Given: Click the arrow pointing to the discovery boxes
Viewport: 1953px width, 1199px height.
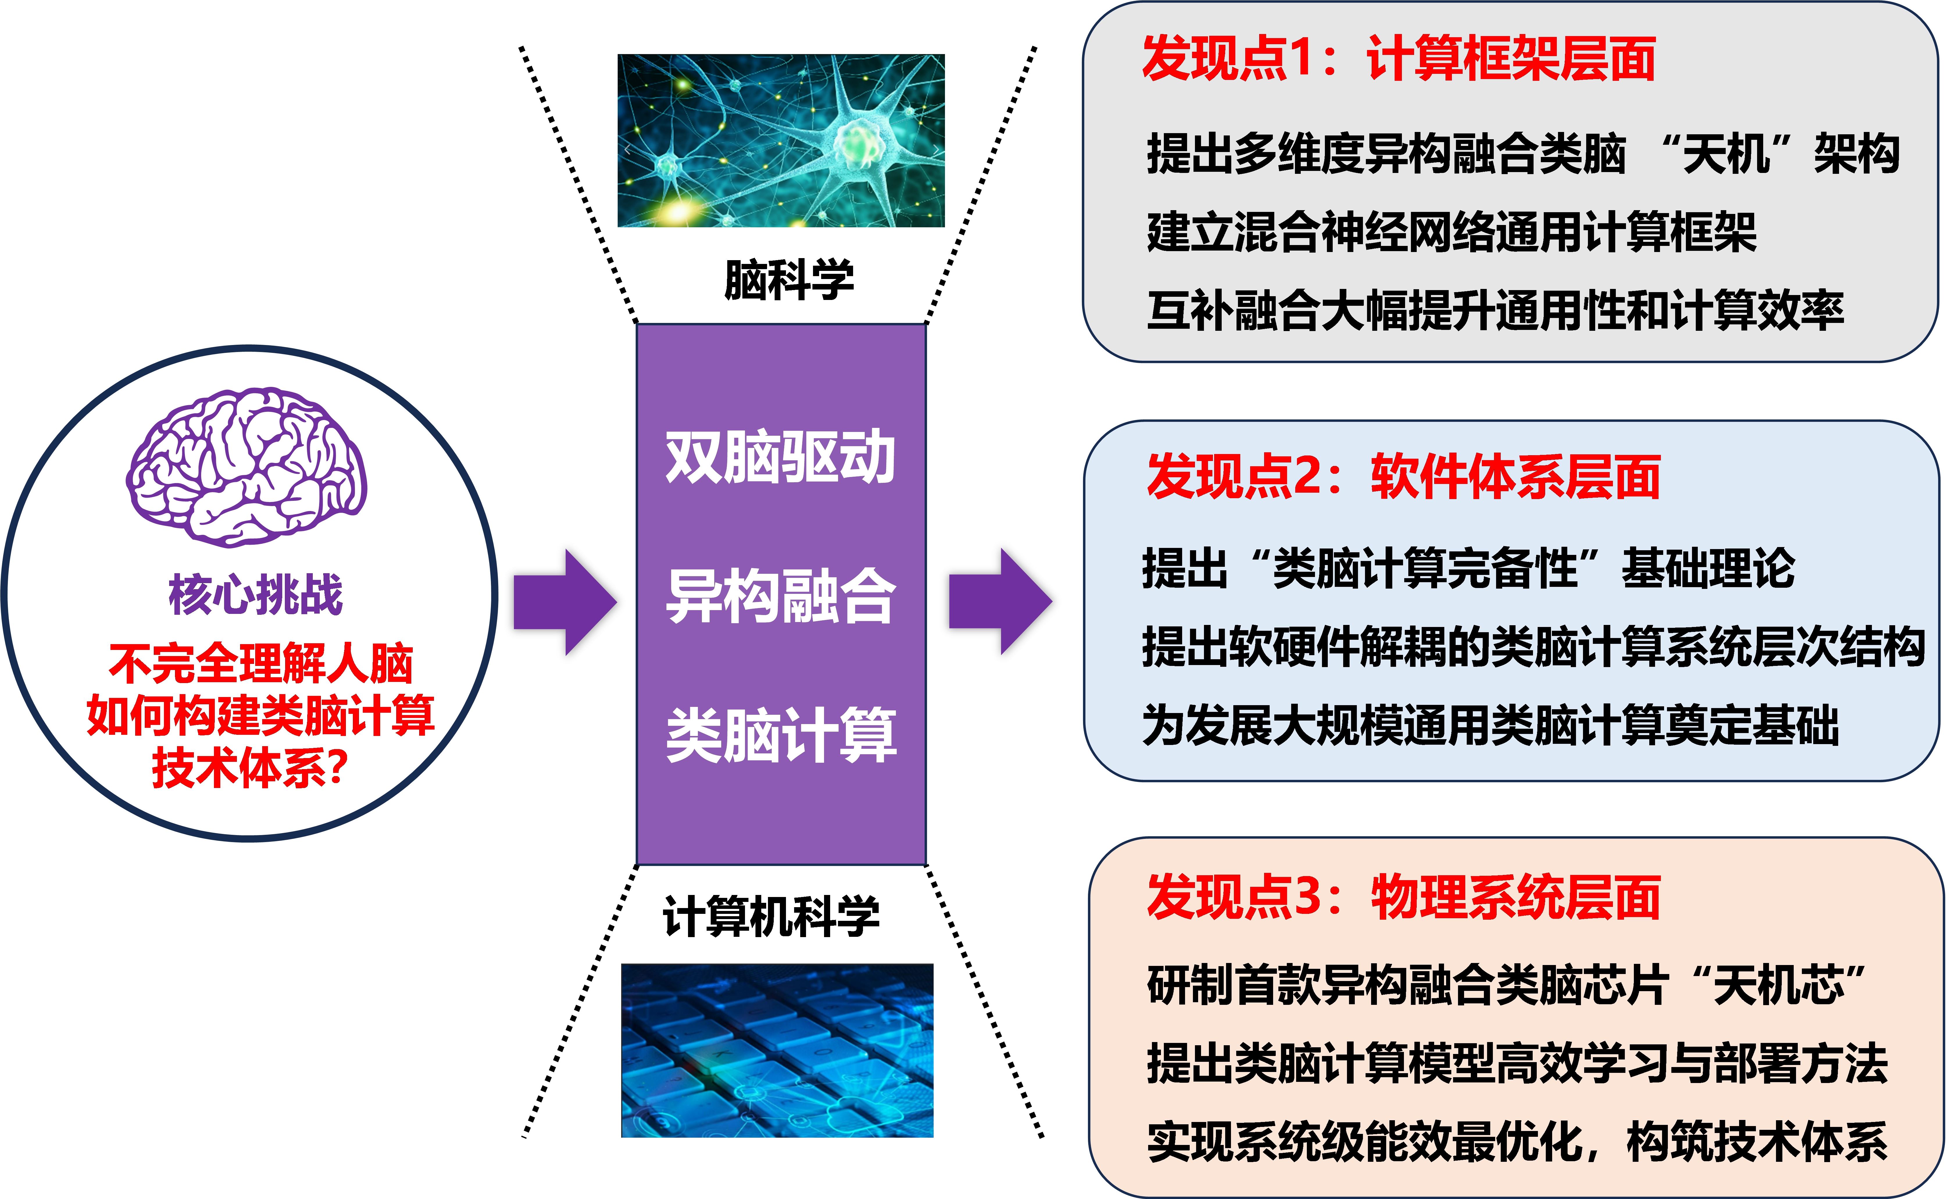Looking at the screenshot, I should click(1000, 601).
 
